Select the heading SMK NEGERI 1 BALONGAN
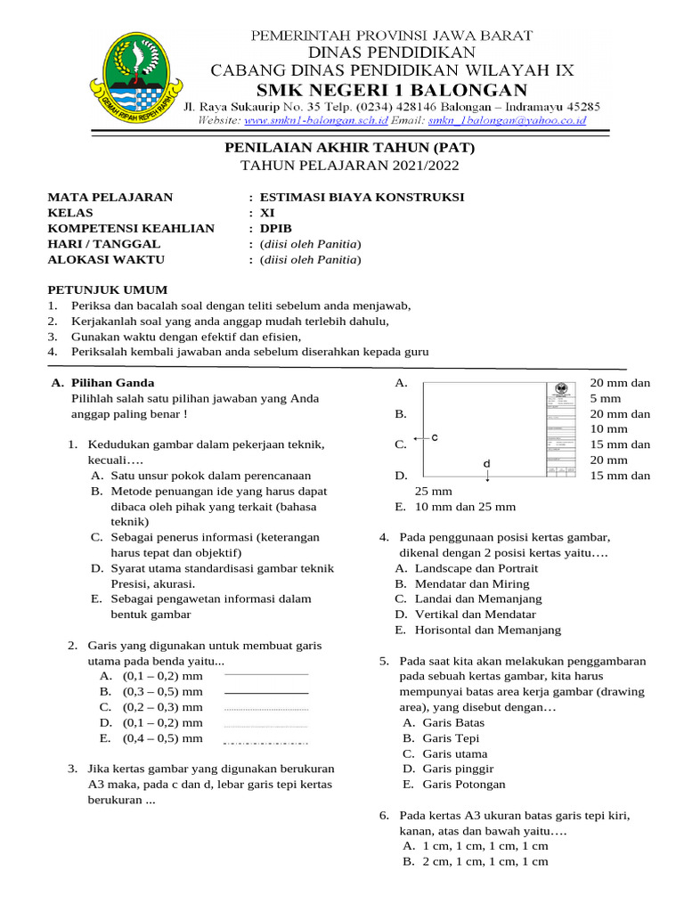click(x=392, y=89)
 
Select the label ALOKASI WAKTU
click(x=106, y=259)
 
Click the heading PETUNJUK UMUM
click(x=107, y=289)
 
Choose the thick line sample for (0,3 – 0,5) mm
click(x=265, y=691)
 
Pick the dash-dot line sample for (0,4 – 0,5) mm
click(x=265, y=739)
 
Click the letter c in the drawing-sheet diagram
click(x=435, y=437)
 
